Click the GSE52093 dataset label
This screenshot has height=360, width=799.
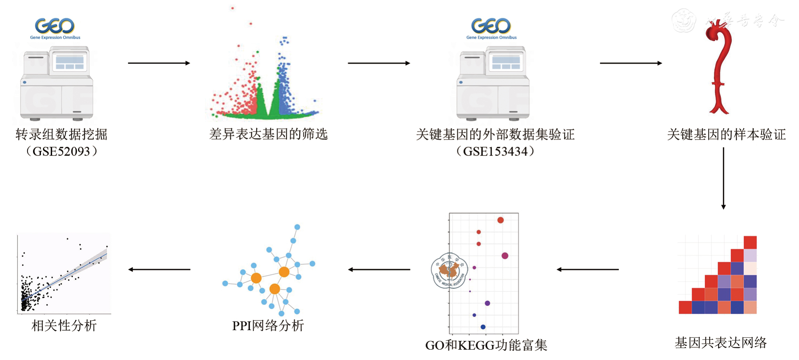pyautogui.click(x=61, y=152)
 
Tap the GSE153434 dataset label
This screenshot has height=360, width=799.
pyautogui.click(x=495, y=152)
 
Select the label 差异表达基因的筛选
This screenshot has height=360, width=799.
pyautogui.click(x=268, y=134)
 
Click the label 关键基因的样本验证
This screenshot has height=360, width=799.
pyautogui.click(x=726, y=134)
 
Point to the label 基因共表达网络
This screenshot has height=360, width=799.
pyautogui.click(x=721, y=342)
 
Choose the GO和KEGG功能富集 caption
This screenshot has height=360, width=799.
pyautogui.click(x=486, y=345)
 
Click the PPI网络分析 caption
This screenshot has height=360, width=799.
pyautogui.click(x=268, y=326)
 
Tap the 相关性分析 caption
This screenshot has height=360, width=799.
pyautogui.click(x=64, y=326)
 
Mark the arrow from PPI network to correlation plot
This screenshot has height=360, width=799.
pyautogui.click(x=159, y=269)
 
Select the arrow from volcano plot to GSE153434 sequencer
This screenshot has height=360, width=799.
pyautogui.click(x=379, y=63)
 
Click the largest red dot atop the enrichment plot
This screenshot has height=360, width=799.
pyautogui.click(x=500, y=220)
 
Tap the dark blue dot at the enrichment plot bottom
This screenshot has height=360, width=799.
pyautogui.click(x=483, y=327)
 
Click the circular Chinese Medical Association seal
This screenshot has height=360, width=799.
pyautogui.click(x=449, y=271)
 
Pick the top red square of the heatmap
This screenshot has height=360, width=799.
pyautogui.click(x=750, y=242)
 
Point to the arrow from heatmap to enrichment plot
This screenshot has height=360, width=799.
pyautogui.click(x=587, y=269)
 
